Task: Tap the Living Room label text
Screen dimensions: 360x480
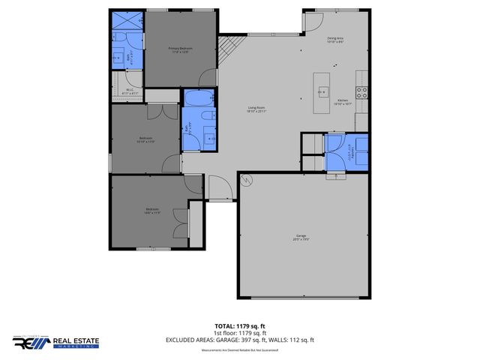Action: (257, 109)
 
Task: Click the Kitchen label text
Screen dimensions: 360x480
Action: (342, 102)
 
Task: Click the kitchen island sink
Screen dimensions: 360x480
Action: (322, 92)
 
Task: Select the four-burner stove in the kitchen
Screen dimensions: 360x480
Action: (361, 93)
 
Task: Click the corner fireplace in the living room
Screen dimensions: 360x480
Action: (227, 49)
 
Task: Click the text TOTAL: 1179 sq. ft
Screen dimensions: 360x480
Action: (239, 326)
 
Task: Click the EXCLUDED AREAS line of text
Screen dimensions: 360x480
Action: (239, 340)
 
